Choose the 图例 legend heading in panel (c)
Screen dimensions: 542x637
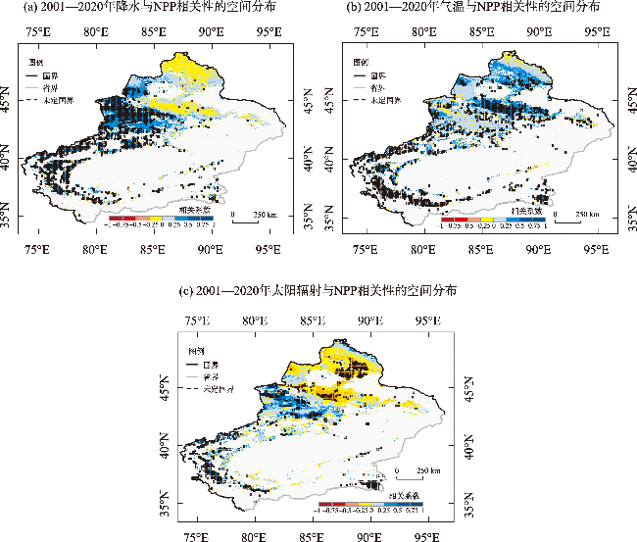click(196, 350)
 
